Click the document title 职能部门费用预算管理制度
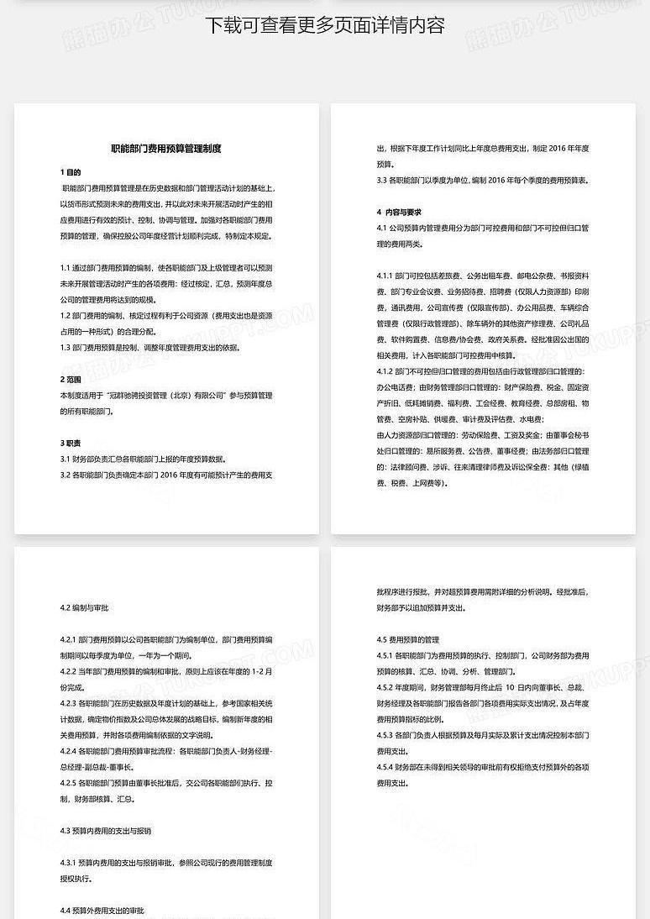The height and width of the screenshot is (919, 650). coord(166,149)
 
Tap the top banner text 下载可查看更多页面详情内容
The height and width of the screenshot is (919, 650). coord(325,25)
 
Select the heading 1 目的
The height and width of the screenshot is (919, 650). coord(71,172)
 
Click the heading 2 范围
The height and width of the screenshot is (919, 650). coord(71,379)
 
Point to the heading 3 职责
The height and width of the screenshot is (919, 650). coord(71,443)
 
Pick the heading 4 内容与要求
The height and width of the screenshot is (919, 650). coord(399,212)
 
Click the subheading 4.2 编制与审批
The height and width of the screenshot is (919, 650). coord(84,607)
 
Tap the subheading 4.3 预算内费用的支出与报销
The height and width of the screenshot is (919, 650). coord(106,831)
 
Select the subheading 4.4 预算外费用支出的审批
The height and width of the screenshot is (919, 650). coord(102,911)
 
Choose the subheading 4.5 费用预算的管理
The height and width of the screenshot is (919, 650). coord(408,639)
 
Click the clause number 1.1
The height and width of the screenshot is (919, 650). coord(66,267)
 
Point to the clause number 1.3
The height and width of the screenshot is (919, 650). coord(66,347)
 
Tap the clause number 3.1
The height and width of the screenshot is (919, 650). coord(66,459)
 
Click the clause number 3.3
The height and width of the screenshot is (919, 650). coord(382,180)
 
